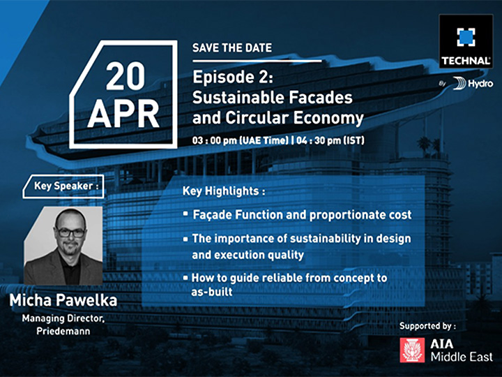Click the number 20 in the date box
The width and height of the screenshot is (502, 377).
[x=125, y=76]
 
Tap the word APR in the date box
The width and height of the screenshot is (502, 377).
[x=123, y=114]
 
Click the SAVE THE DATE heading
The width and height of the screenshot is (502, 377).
[x=232, y=48]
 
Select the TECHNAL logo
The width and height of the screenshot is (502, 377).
[x=466, y=41]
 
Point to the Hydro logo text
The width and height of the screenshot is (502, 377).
[x=480, y=84]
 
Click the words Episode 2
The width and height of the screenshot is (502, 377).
[x=233, y=78]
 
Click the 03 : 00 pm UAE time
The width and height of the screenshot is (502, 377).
[x=241, y=140]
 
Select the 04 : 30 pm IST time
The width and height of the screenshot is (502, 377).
[x=330, y=140]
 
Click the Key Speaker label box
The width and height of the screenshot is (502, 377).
[x=63, y=186]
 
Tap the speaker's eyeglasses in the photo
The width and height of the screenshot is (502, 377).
[x=70, y=232]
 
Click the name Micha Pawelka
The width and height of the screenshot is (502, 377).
[x=63, y=300]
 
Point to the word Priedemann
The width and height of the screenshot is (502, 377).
[x=63, y=331]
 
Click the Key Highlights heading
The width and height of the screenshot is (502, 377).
[x=224, y=191]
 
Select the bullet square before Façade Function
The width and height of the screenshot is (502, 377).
[x=185, y=213]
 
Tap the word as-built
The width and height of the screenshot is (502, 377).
[x=212, y=292]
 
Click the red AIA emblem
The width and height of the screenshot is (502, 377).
[x=412, y=350]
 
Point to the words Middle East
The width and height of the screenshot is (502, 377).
[x=462, y=357]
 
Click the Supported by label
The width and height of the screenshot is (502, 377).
[x=427, y=326]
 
